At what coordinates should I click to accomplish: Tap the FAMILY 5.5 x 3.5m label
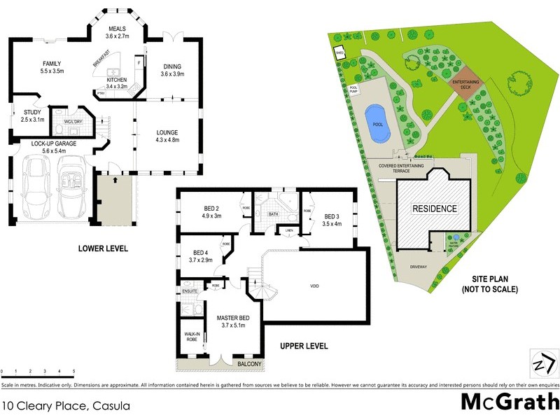(50, 66)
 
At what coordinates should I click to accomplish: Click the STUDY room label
(32, 115)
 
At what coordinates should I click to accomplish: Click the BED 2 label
(212, 211)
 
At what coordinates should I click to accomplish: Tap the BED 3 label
(332, 220)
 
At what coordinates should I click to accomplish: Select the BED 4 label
(201, 256)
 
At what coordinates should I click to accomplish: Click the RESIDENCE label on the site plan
(434, 209)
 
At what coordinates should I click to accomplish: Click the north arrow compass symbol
(542, 364)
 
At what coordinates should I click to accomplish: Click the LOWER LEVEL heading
(103, 248)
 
